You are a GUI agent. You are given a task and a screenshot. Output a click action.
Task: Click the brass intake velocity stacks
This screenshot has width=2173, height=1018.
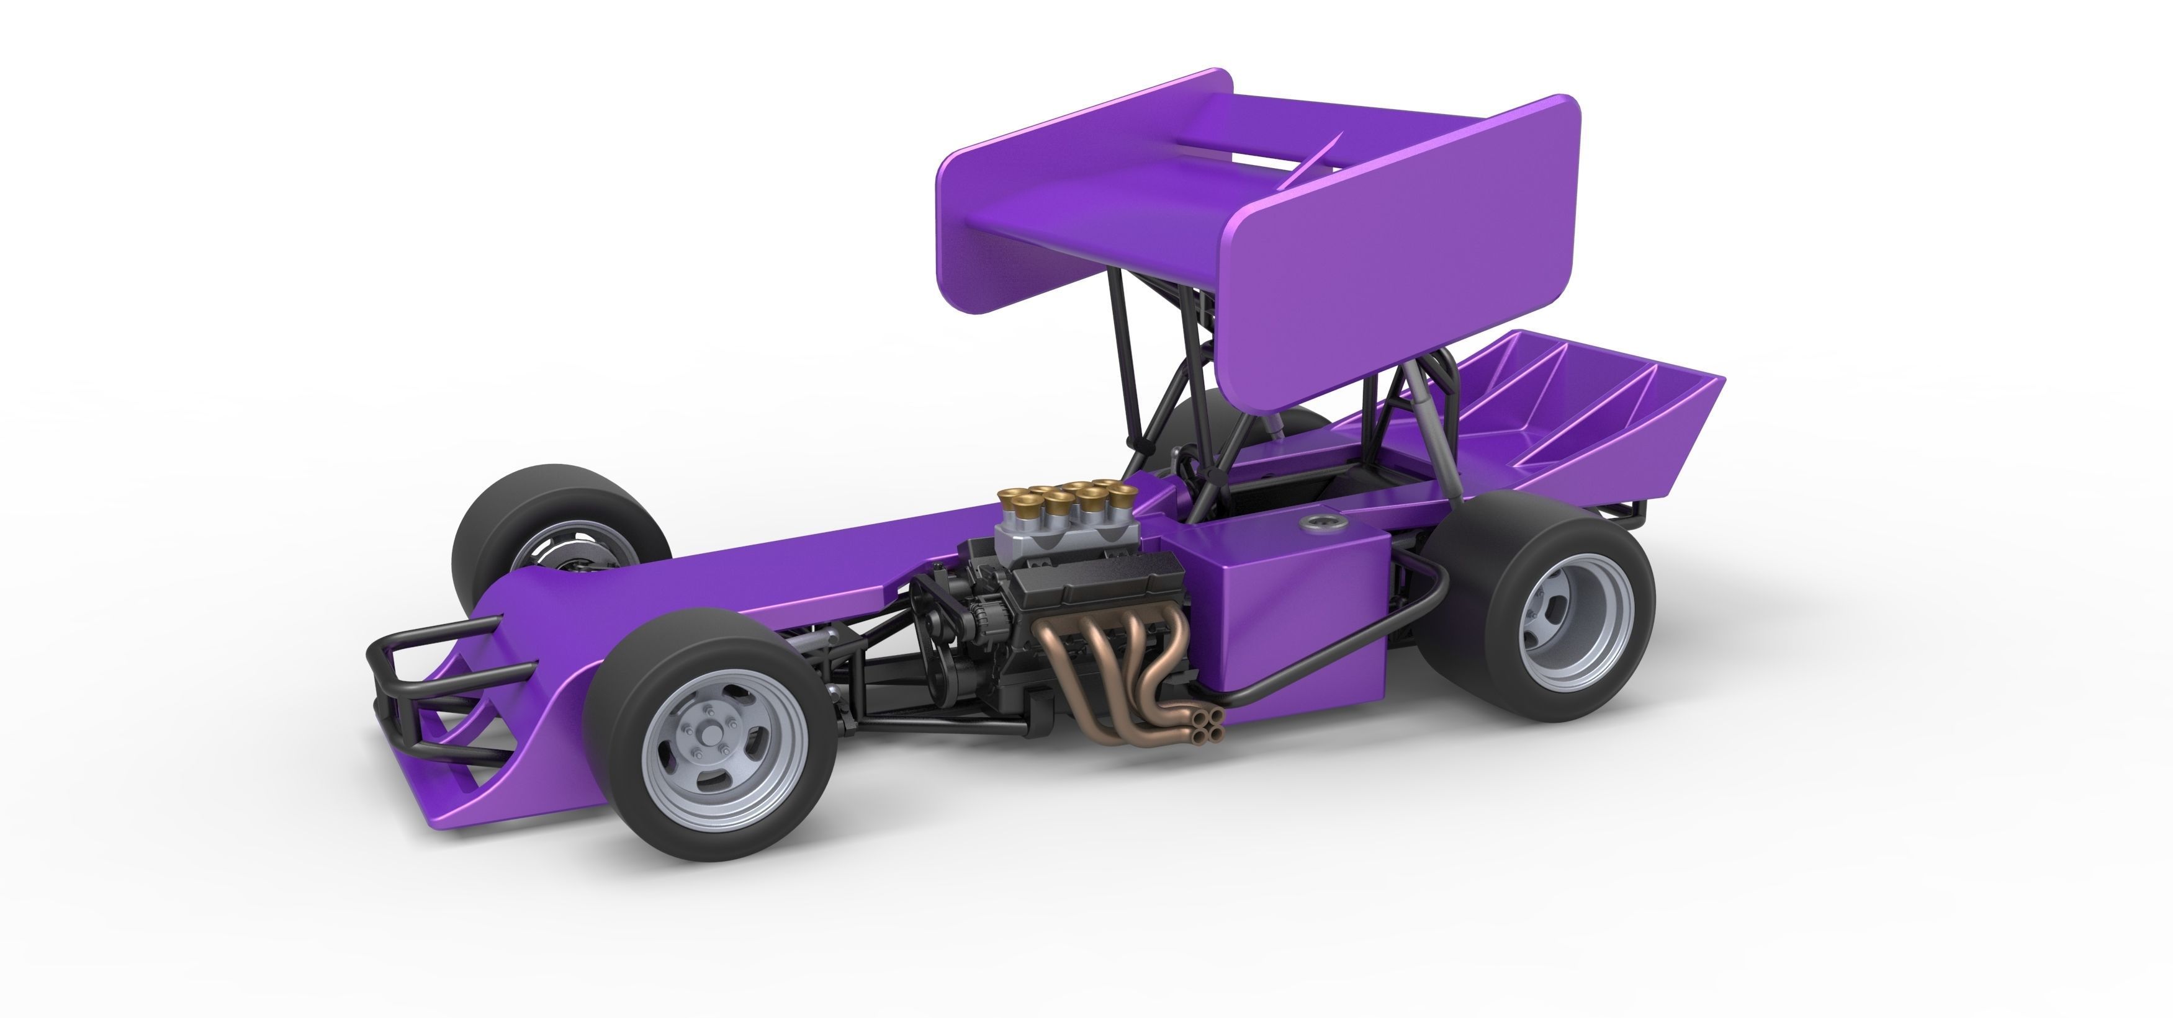tap(1063, 502)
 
